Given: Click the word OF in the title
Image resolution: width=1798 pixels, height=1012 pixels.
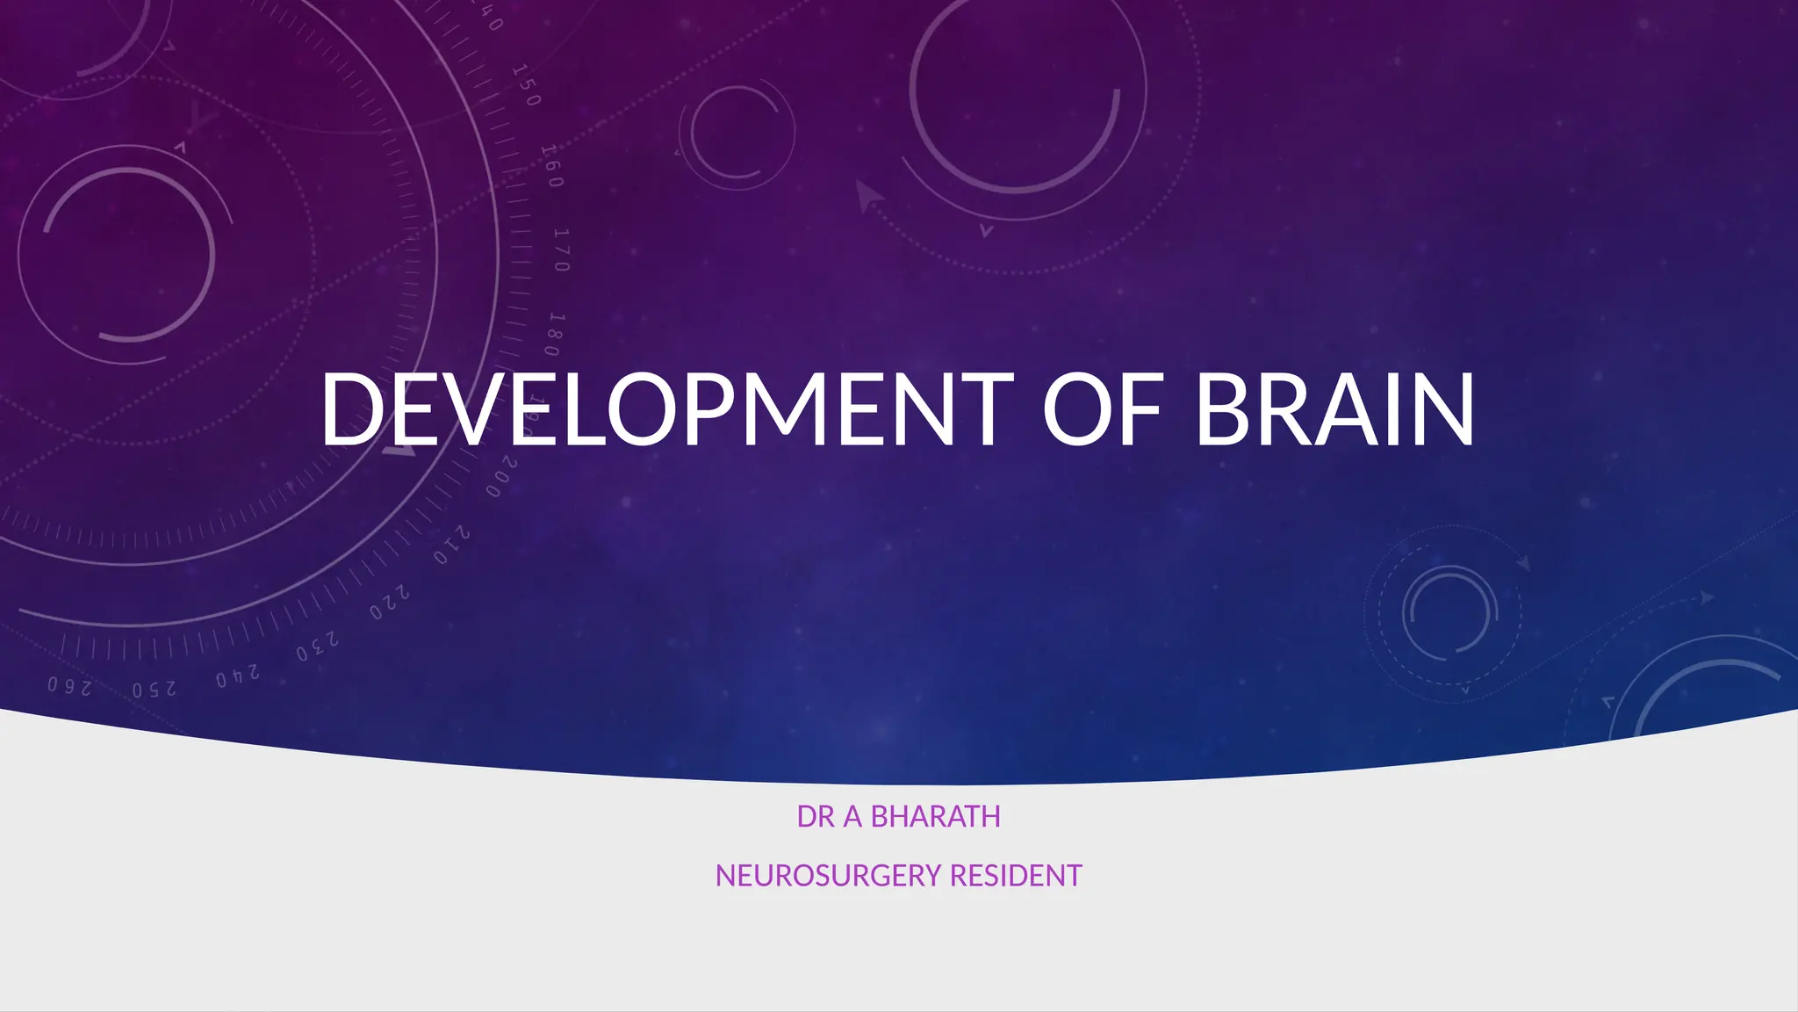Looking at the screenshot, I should [x=1103, y=409].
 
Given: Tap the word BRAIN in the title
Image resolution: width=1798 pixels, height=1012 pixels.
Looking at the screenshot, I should [x=1334, y=409].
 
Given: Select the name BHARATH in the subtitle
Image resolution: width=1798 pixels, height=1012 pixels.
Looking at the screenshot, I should [x=935, y=817].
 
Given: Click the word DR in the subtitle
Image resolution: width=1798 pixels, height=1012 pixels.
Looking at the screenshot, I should [x=816, y=817].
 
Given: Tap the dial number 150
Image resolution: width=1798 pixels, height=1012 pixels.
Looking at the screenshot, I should [x=526, y=85].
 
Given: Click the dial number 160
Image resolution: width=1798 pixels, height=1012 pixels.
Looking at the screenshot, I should [x=550, y=166].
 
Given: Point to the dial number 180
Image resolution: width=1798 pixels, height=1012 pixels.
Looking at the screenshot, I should [x=554, y=334].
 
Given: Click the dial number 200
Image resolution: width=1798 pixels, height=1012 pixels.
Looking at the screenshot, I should [x=502, y=475].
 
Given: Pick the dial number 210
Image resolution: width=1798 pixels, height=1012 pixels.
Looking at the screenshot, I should [x=452, y=546].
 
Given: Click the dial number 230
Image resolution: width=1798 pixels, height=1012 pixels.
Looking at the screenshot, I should [x=317, y=648].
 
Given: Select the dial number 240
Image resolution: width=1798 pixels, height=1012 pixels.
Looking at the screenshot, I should [x=238, y=676].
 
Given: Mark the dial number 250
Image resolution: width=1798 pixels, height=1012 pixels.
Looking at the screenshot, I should [x=155, y=689].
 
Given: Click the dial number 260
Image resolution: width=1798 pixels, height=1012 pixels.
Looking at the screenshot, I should [x=69, y=685].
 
